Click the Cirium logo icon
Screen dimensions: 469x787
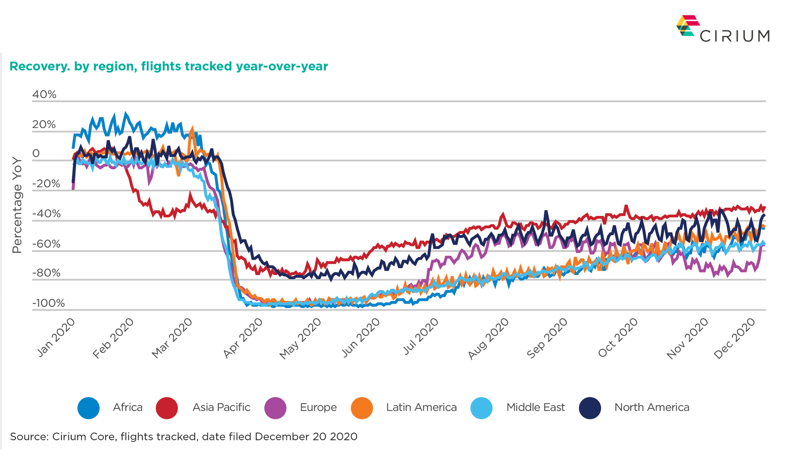[x=688, y=26]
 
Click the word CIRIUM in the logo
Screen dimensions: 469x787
[x=735, y=36]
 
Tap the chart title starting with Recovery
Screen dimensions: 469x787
[x=168, y=67]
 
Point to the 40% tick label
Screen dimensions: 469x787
[x=44, y=94]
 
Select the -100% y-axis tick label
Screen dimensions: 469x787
[x=49, y=303]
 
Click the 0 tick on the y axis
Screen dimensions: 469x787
[x=36, y=154]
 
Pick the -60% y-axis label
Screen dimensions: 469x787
[x=46, y=244]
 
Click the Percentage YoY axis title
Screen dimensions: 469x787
[x=17, y=205]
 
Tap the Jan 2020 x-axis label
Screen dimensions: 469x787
[x=56, y=338]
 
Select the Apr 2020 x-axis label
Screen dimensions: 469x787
[x=243, y=339]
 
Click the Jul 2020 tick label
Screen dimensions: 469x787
[x=421, y=337]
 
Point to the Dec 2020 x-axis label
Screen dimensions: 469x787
[x=734, y=339]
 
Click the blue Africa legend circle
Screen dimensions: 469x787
[x=88, y=408]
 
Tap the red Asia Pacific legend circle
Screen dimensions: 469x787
[x=167, y=408]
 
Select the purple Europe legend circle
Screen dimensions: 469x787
[x=275, y=408]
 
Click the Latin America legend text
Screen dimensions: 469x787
[x=421, y=407]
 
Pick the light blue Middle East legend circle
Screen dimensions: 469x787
[x=481, y=408]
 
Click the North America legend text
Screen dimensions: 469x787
[x=652, y=407]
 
